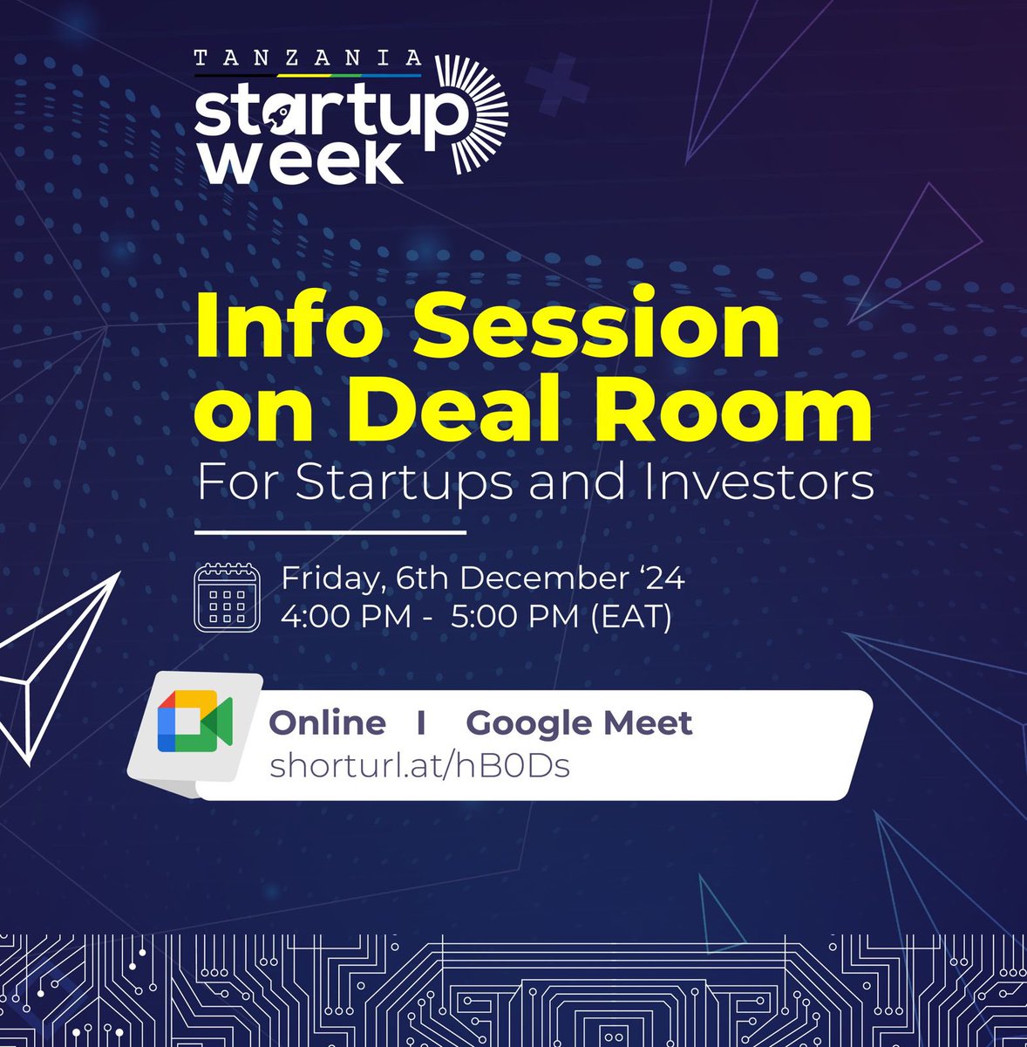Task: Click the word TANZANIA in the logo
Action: [x=308, y=58]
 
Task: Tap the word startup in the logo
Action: [x=327, y=115]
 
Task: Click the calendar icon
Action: [x=227, y=598]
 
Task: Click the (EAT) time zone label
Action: [x=630, y=617]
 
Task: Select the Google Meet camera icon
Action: [x=194, y=721]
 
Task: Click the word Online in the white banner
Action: [x=327, y=722]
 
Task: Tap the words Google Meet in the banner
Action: [x=580, y=722]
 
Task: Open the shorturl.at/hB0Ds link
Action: [x=419, y=766]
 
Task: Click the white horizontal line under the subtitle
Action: [x=330, y=530]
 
